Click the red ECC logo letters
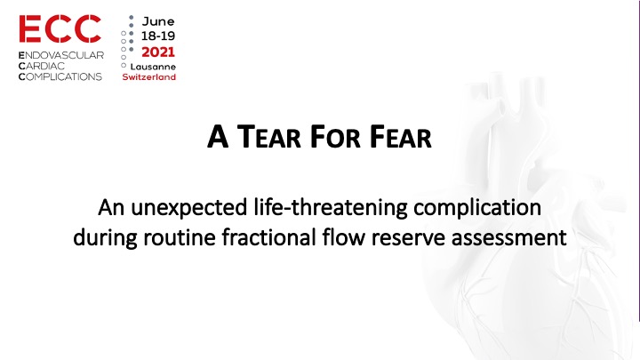click(60, 29)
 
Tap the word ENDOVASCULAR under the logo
click(61, 55)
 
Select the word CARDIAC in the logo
click(42, 66)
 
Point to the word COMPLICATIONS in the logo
click(60, 76)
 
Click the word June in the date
click(158, 21)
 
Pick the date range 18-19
click(158, 36)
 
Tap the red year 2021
click(158, 52)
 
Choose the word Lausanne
click(153, 67)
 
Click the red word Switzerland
click(149, 76)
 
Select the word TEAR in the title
click(269, 137)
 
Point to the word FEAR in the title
click(400, 137)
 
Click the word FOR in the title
click(335, 137)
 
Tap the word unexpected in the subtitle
click(189, 208)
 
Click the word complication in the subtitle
click(477, 208)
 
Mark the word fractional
click(269, 237)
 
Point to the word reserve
click(408, 238)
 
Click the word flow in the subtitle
click(344, 237)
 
